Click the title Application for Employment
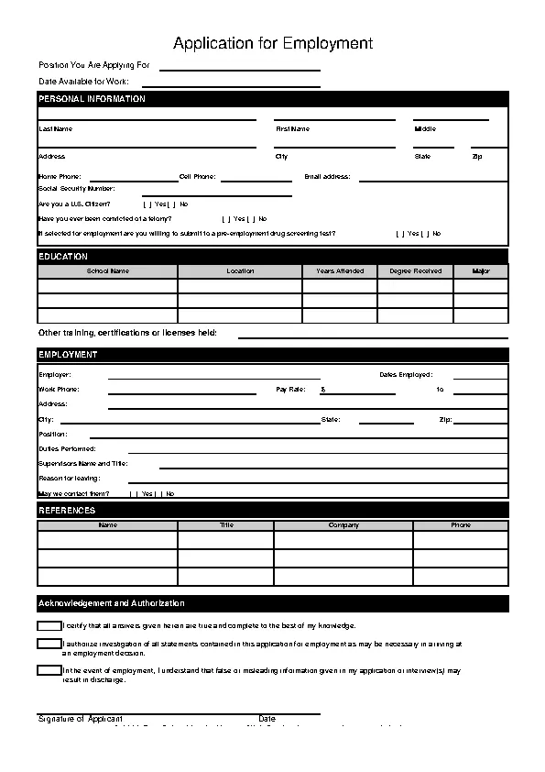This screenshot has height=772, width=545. click(273, 43)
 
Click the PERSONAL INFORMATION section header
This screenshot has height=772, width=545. click(92, 99)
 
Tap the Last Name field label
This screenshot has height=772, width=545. click(55, 129)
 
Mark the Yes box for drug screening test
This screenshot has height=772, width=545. click(399, 234)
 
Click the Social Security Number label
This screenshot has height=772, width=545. click(76, 188)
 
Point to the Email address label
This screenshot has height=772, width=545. click(327, 176)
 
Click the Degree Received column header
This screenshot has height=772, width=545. click(415, 271)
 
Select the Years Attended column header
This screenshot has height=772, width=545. click(340, 271)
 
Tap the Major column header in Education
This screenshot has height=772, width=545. click(481, 271)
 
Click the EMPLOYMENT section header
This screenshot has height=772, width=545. click(68, 355)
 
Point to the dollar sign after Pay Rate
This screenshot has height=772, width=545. click(322, 390)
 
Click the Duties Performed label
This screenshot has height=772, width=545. click(67, 449)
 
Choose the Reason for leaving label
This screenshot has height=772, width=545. click(69, 479)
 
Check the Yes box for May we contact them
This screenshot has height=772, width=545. click(135, 493)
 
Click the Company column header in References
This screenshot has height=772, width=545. click(343, 525)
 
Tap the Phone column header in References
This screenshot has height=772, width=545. click(461, 525)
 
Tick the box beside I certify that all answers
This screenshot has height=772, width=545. click(49, 625)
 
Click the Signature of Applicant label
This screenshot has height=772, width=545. click(80, 719)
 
